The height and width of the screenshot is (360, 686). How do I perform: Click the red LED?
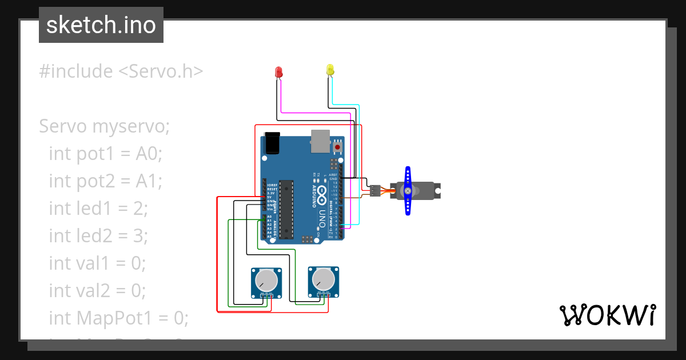279,72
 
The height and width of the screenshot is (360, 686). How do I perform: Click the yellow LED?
330,70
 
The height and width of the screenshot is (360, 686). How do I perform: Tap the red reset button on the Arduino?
337,147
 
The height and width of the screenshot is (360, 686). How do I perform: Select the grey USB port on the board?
320,141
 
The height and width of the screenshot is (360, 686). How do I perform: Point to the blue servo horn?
408,191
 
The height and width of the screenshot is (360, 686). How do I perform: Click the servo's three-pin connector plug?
374,191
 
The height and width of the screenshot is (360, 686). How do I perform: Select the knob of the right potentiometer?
322,279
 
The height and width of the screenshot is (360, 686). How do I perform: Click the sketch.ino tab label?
101,25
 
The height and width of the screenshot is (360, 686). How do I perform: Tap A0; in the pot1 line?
149,154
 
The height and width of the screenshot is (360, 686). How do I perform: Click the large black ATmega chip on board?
286,209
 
